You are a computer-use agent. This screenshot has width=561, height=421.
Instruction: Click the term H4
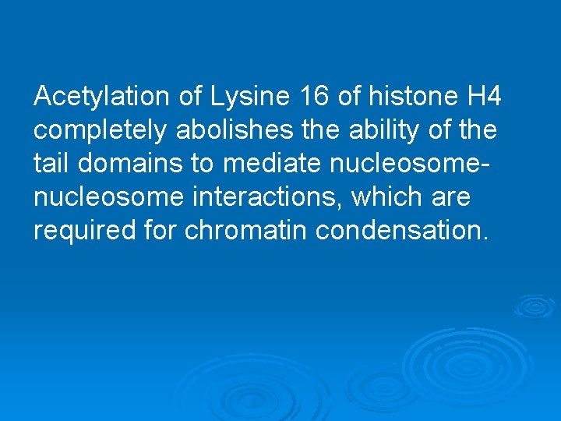pos(483,97)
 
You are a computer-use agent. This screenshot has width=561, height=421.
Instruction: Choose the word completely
pos(101,130)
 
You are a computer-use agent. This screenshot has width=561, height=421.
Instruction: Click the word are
pos(451,197)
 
